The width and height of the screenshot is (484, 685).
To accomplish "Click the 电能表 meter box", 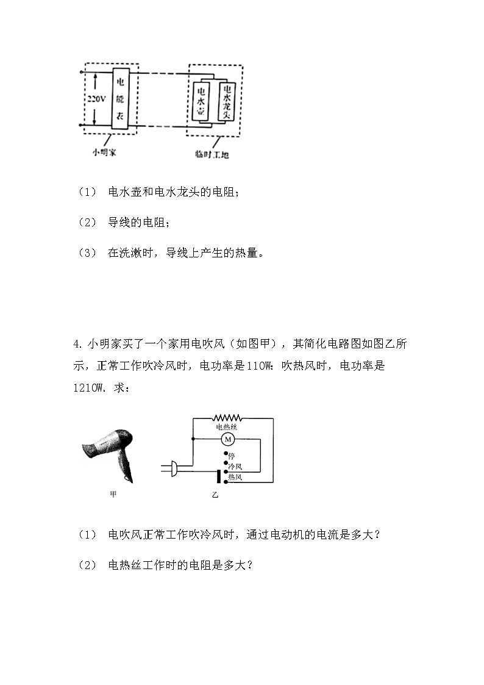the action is click(119, 98).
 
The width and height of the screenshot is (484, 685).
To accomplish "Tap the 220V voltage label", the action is click(95, 98).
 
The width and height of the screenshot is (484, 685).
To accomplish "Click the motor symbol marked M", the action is click(228, 439).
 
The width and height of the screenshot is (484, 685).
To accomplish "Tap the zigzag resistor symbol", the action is click(227, 418).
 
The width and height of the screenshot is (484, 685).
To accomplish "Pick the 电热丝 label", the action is click(227, 428).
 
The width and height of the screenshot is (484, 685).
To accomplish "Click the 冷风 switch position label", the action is click(235, 465).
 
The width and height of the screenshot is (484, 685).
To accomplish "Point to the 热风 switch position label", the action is click(235, 477).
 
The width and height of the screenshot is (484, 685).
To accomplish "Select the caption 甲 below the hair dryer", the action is click(113, 495).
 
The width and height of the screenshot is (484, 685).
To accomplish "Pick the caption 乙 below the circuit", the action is click(215, 495).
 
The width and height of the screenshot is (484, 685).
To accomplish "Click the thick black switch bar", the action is click(218, 476).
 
